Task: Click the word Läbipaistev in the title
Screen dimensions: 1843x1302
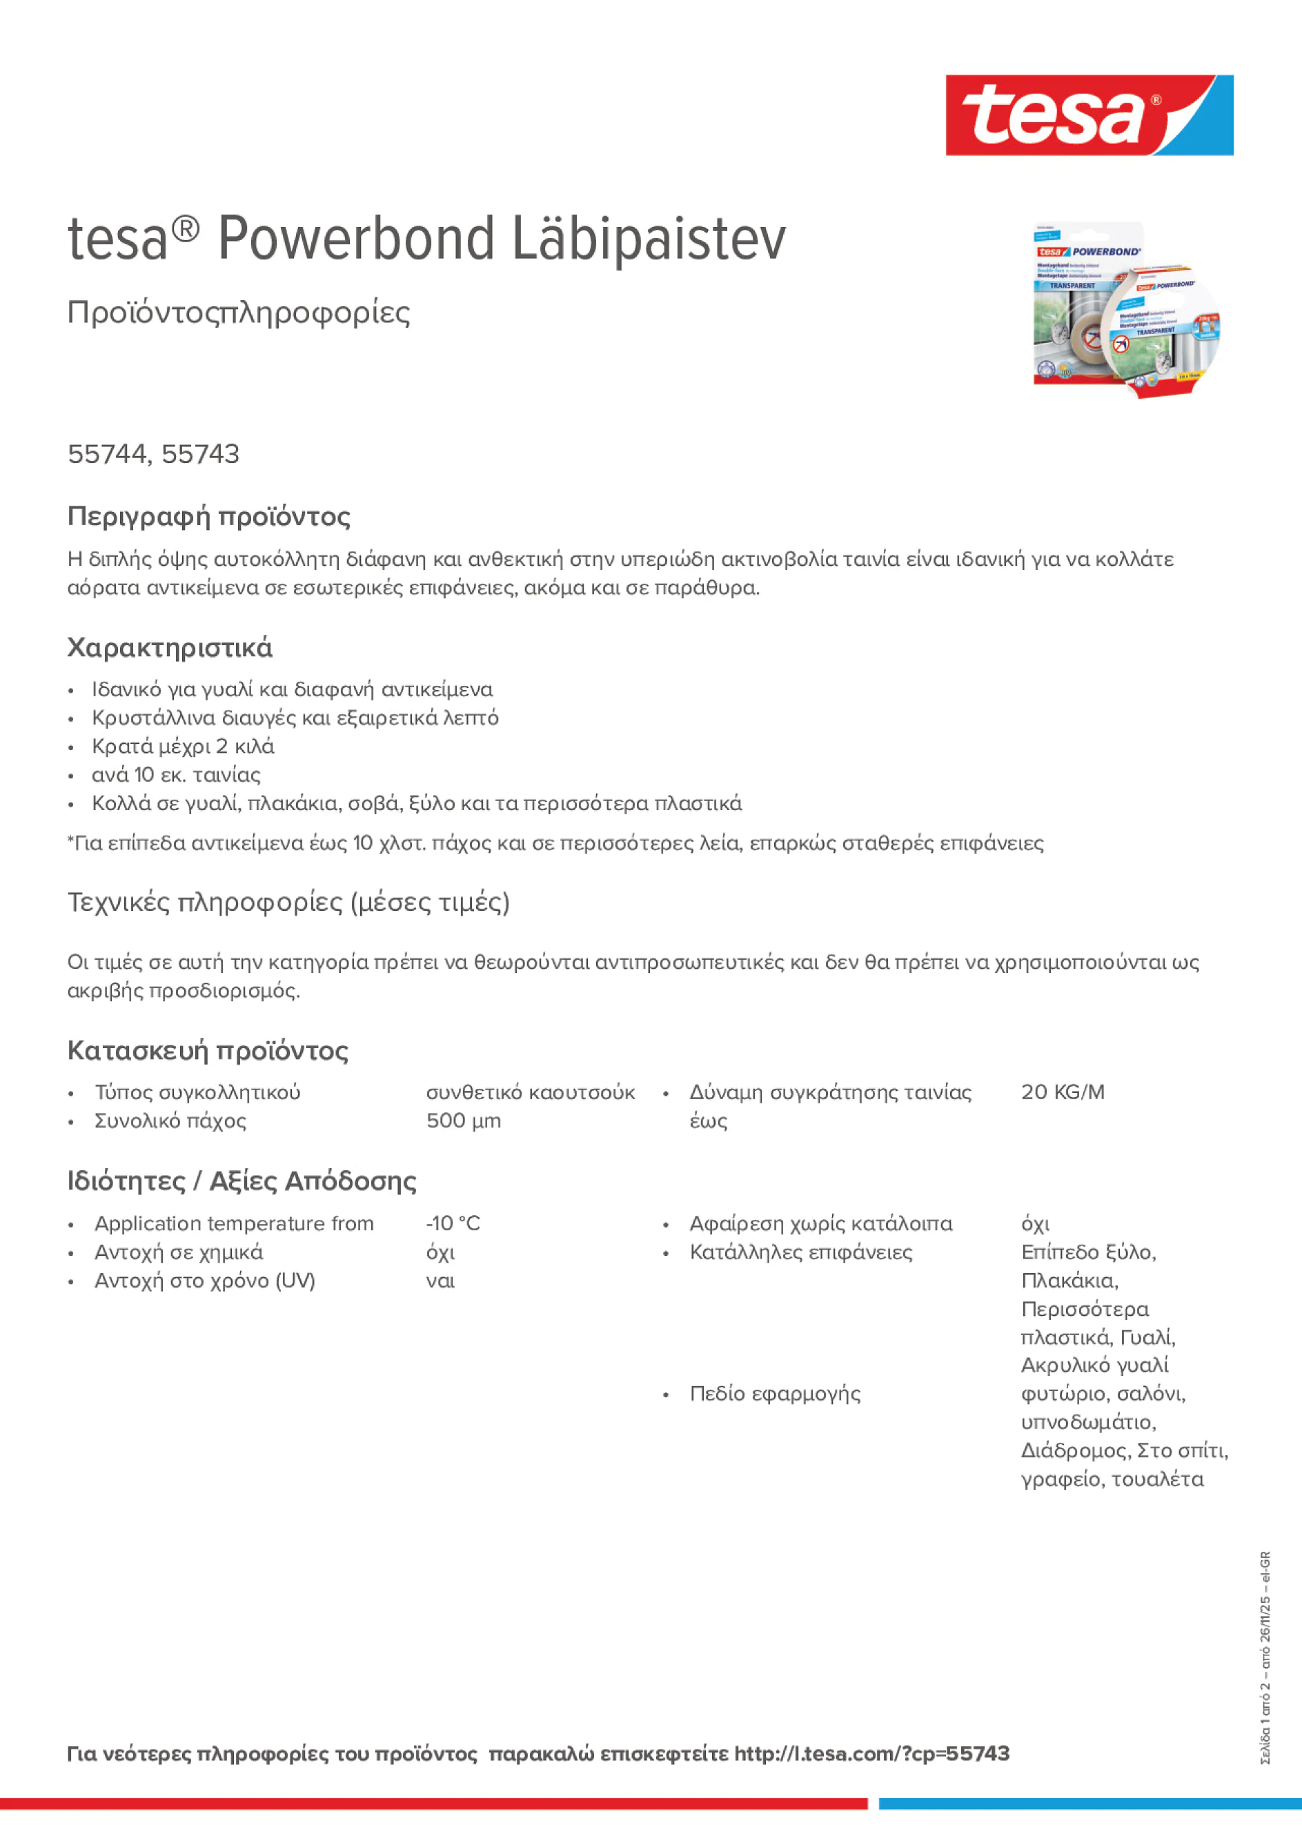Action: click(x=649, y=239)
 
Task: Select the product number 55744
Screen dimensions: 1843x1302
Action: click(x=106, y=454)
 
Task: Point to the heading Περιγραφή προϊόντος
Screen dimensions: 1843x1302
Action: click(x=208, y=516)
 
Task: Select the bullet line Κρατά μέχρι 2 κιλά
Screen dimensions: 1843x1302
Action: click(x=183, y=747)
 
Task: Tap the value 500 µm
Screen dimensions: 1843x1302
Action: click(x=463, y=1121)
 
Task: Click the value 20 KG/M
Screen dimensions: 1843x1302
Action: click(x=1062, y=1092)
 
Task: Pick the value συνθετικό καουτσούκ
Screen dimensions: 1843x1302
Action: click(x=530, y=1092)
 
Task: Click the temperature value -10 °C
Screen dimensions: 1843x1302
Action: click(x=453, y=1223)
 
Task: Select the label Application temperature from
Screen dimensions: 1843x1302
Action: click(x=234, y=1223)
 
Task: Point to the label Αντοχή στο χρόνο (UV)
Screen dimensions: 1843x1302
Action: click(x=205, y=1281)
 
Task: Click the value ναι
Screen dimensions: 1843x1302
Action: click(x=440, y=1281)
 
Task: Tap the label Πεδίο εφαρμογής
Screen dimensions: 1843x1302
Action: click(x=775, y=1394)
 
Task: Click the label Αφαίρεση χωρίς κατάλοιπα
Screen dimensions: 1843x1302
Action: click(x=820, y=1223)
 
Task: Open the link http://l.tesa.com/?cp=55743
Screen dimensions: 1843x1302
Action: click(x=871, y=1754)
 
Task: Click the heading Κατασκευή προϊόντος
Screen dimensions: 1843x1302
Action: click(x=208, y=1051)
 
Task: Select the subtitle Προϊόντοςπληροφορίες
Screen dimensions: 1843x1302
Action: click(x=239, y=313)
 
